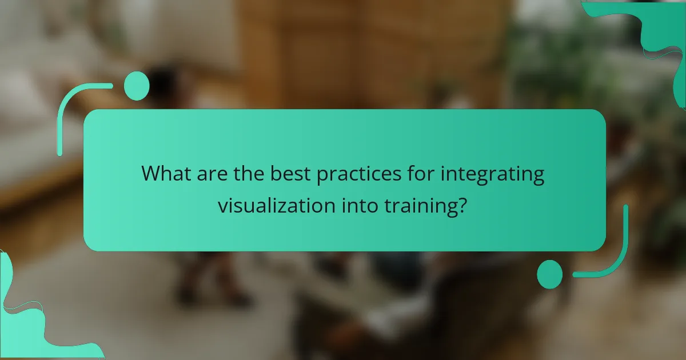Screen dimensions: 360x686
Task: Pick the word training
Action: (424, 206)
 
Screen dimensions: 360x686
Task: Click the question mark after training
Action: (466, 206)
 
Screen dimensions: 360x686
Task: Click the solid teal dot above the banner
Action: (136, 86)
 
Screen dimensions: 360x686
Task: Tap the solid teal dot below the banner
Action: (549, 274)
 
